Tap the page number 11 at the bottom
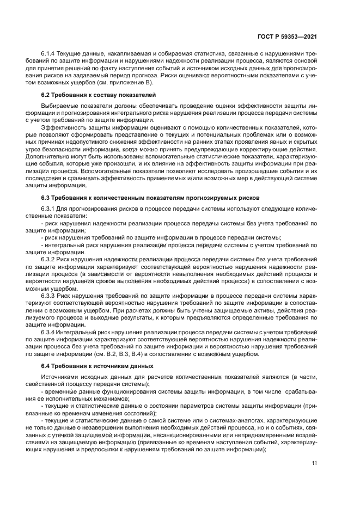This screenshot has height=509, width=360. click(314, 463)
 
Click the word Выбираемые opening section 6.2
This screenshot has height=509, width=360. click(58, 106)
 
